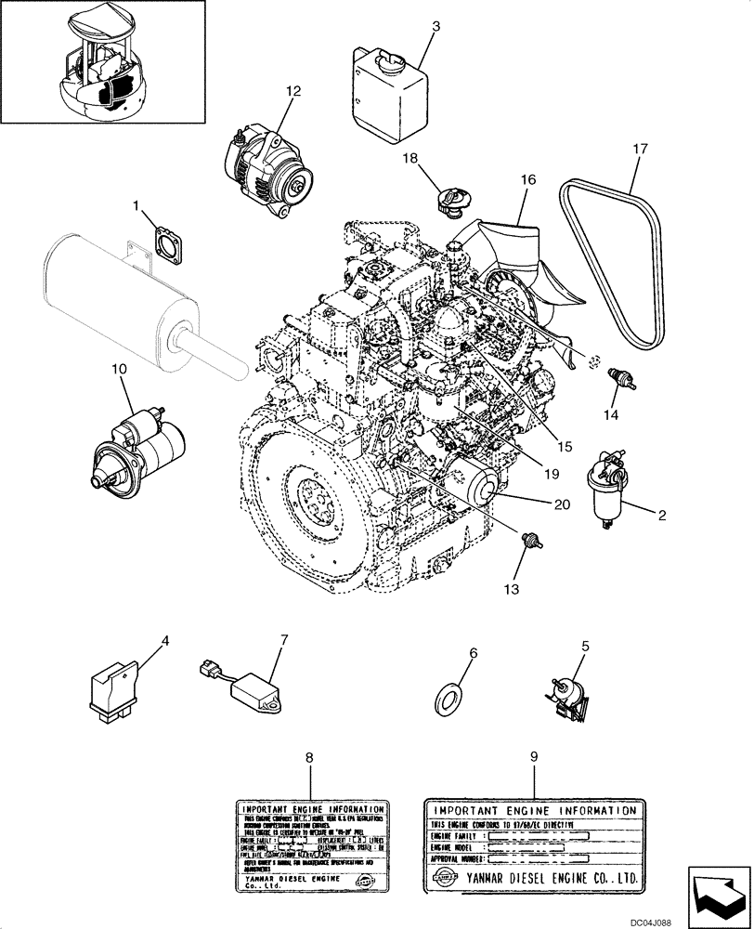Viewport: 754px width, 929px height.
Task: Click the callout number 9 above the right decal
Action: click(533, 757)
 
